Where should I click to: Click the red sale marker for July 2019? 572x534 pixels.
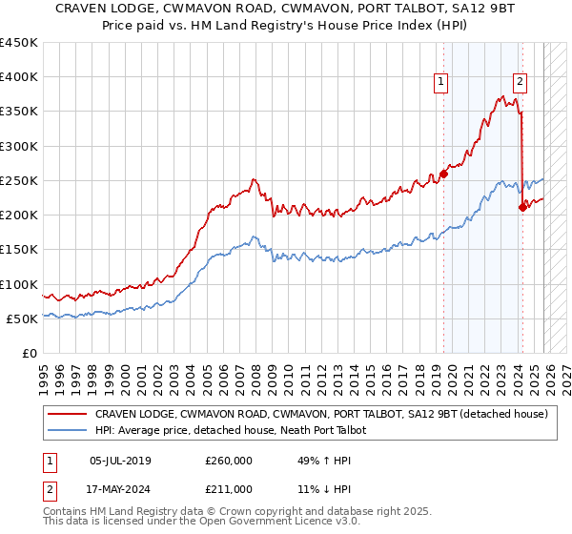tap(443, 174)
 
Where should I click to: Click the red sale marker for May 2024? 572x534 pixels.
tap(521, 207)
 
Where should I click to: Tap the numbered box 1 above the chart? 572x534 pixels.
tap(442, 83)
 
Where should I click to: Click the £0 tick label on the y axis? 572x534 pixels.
tap(30, 354)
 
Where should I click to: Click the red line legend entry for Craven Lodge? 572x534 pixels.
tap(320, 414)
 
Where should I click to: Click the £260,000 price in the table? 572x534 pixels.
tap(229, 461)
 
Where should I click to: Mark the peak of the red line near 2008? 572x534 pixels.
tap(253, 178)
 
